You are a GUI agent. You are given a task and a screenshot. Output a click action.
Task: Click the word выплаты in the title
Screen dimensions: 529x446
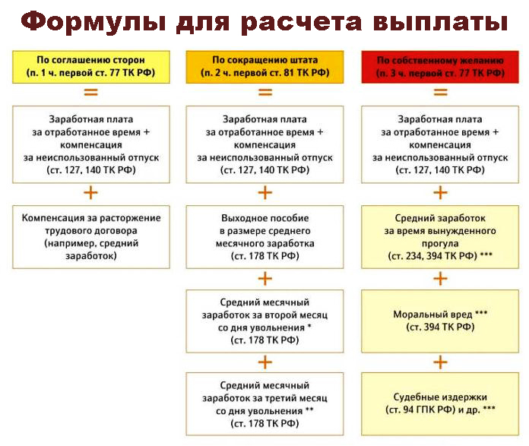click(440, 22)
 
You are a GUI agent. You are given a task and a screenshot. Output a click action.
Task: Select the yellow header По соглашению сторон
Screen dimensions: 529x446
click(91, 67)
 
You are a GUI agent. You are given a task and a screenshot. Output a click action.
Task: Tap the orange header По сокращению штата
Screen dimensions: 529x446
click(264, 67)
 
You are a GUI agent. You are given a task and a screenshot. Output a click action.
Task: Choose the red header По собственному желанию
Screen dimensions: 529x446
click(440, 67)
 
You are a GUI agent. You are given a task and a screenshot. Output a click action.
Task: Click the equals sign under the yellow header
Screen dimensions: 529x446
click(90, 92)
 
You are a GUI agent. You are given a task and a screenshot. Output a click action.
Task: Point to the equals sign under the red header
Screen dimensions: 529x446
click(440, 92)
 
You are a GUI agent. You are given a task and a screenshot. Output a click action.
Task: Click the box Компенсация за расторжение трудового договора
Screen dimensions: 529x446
click(91, 237)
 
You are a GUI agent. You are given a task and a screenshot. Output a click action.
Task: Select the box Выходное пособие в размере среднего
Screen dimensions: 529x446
click(264, 237)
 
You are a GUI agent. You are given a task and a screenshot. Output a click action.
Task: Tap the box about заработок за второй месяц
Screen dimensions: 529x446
click(264, 321)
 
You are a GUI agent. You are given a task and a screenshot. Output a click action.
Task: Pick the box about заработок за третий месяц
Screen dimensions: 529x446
click(264, 404)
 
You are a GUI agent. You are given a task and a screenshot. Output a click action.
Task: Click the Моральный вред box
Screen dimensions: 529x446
click(440, 321)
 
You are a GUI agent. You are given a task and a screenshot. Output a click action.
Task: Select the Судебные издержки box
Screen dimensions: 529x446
click(440, 404)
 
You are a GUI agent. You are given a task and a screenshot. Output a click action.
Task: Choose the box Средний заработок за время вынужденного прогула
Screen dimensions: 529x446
click(440, 237)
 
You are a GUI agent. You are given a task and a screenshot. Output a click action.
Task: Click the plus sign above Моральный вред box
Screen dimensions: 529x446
click(440, 279)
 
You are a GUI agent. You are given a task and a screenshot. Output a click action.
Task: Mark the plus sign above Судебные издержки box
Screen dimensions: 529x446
click(440, 362)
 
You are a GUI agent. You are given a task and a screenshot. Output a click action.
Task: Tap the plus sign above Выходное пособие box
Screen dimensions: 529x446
click(264, 193)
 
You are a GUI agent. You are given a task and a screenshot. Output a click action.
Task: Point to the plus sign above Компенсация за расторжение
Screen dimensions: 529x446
click(90, 193)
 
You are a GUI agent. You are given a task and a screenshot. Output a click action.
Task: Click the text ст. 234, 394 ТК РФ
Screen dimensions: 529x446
click(432, 256)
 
